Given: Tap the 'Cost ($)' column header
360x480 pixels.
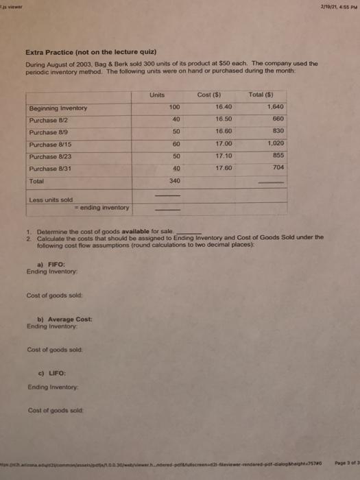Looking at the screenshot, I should point(226,95).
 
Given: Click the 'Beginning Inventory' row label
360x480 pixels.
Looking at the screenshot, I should point(58,108).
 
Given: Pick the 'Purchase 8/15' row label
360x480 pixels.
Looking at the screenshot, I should point(52,144).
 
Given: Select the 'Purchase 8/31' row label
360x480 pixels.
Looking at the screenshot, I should point(52,168).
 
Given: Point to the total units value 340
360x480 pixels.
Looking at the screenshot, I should point(173,180).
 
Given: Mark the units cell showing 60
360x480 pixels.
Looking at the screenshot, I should point(173,143).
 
